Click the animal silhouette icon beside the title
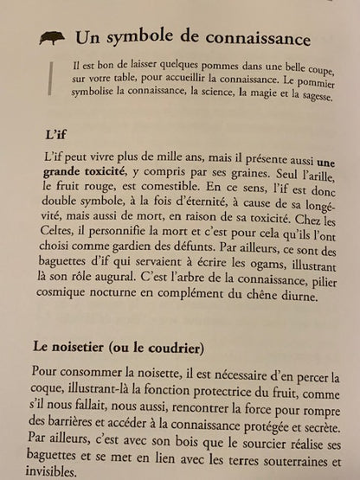(52, 38)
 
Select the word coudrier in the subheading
(172, 348)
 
